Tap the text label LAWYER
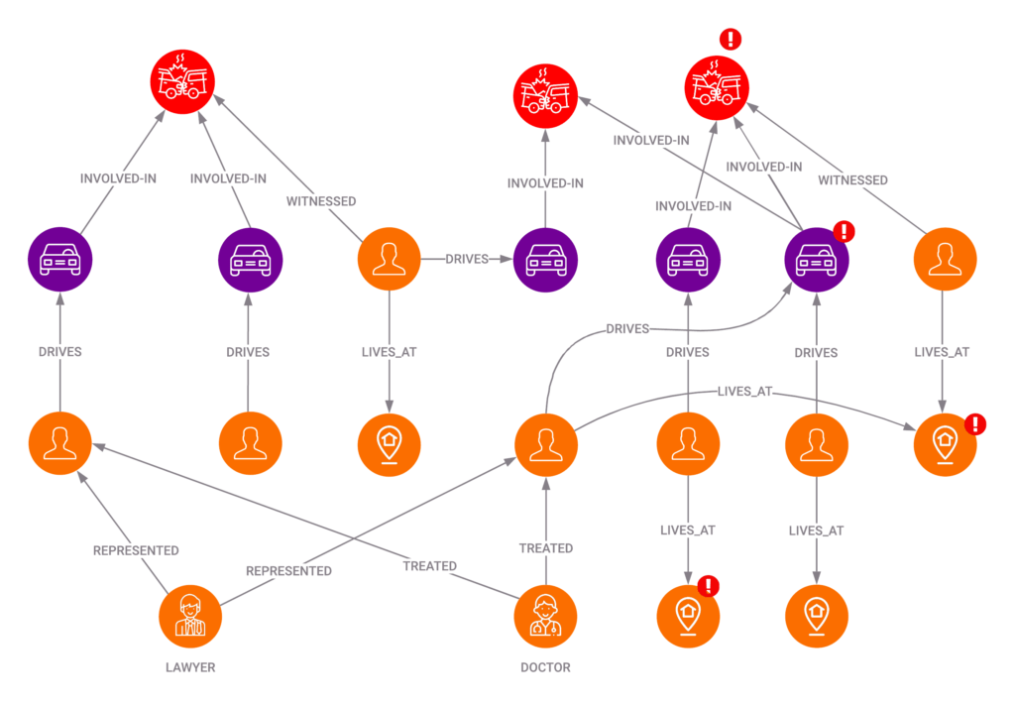(x=190, y=667)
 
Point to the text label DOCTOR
(x=545, y=667)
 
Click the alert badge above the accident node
(x=731, y=40)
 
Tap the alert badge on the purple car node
(x=845, y=232)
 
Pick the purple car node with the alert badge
(x=816, y=260)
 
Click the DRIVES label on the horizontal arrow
(x=467, y=259)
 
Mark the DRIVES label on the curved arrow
(x=625, y=328)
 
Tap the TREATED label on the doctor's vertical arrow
(x=546, y=547)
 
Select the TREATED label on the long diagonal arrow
(x=430, y=566)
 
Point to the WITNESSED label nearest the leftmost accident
(x=321, y=201)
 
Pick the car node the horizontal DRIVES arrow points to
(x=545, y=260)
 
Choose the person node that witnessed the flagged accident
(x=945, y=260)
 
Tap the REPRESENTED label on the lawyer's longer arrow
(x=288, y=571)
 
